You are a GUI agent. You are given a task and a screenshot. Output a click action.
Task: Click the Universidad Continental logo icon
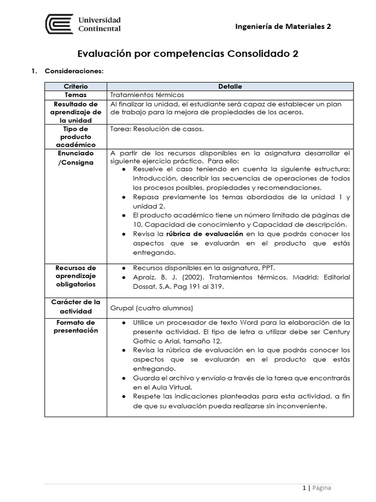[x=60, y=24]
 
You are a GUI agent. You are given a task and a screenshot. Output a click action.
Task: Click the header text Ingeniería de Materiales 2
[x=283, y=26]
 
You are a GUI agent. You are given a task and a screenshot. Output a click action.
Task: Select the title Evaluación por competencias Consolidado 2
[x=188, y=53]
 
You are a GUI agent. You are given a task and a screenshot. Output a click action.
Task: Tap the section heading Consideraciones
[x=74, y=71]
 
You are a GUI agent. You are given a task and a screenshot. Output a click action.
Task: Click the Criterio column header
[x=75, y=86]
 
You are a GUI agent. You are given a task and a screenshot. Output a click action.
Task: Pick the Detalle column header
[x=230, y=86]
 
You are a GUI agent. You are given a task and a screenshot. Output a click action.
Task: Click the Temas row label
[x=75, y=95]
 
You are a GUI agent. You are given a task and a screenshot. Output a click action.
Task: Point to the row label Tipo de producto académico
[x=75, y=137]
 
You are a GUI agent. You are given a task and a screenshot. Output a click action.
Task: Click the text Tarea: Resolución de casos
[x=157, y=129]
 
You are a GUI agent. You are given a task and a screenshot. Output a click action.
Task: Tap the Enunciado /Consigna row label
[x=75, y=158]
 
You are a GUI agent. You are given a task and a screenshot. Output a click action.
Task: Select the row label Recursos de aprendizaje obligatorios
[x=75, y=276]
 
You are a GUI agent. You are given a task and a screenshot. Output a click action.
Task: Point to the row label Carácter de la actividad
[x=75, y=306]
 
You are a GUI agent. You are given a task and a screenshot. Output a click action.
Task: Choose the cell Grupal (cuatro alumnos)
[x=152, y=308]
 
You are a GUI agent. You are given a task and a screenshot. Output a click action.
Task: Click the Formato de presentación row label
[x=75, y=326]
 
